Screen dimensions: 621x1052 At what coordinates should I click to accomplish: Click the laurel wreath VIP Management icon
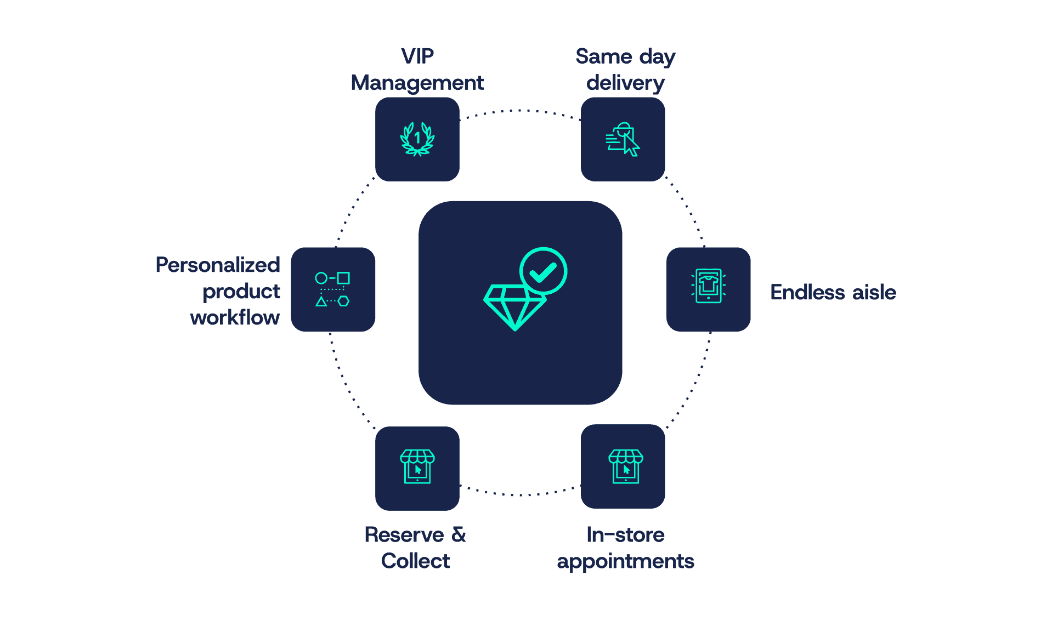pos(417,139)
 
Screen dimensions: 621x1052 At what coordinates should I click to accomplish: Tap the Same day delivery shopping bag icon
pos(623,139)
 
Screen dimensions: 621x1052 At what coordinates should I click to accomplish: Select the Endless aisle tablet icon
pos(708,286)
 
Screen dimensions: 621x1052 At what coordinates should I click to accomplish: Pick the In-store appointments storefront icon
pos(625,466)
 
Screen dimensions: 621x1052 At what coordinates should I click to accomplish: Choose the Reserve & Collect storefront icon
pos(417,466)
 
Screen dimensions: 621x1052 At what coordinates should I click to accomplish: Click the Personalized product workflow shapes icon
pos(332,289)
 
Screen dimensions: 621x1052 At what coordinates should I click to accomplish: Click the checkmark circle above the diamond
pos(543,271)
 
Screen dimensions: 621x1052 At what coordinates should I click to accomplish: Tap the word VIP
pos(417,56)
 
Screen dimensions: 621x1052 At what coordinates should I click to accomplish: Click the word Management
pos(417,83)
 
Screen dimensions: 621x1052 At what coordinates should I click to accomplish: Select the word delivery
pos(625,83)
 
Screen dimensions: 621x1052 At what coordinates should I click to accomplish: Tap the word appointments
pos(625,562)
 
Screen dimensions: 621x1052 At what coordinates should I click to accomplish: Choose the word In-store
pos(625,534)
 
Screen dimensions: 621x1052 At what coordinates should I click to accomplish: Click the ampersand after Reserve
pos(459,534)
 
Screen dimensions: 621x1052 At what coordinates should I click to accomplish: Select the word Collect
pos(415,561)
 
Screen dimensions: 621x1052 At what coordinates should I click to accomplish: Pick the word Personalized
pos(218,265)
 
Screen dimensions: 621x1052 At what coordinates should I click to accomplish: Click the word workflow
pos(235,317)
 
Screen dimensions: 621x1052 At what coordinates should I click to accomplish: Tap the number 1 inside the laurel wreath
pos(417,138)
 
